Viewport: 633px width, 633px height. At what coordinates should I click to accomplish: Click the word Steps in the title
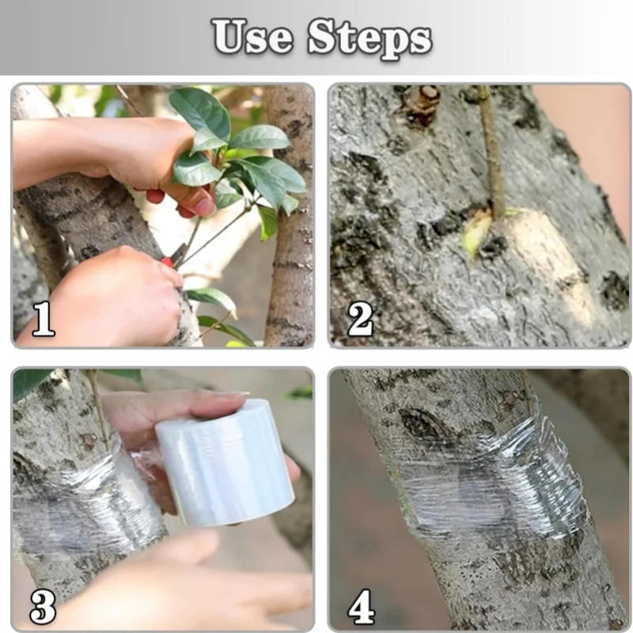[370, 37]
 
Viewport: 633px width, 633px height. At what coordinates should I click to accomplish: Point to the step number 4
[360, 607]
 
